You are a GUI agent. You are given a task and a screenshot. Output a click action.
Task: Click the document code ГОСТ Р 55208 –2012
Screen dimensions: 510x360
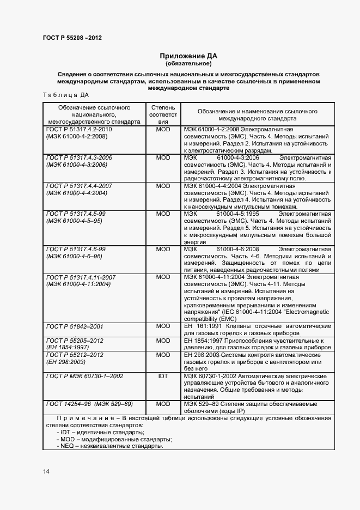click(72, 38)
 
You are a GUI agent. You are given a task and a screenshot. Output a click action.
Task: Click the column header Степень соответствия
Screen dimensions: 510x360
click(163, 115)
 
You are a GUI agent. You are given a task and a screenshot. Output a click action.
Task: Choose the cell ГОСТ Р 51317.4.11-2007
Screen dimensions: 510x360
click(81, 277)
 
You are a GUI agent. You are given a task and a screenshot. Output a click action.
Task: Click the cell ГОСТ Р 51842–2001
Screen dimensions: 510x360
click(75, 326)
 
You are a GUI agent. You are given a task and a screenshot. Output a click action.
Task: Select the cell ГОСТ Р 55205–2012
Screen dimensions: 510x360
click(75, 341)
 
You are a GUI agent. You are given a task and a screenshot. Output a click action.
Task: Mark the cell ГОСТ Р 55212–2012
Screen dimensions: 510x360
click(75, 355)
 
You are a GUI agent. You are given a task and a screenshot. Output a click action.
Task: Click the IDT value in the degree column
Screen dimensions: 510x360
click(163, 376)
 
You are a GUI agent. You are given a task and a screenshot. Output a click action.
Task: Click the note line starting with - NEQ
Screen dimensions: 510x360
click(109, 446)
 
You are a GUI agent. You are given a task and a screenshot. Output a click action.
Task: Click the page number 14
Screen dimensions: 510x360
click(46, 471)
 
